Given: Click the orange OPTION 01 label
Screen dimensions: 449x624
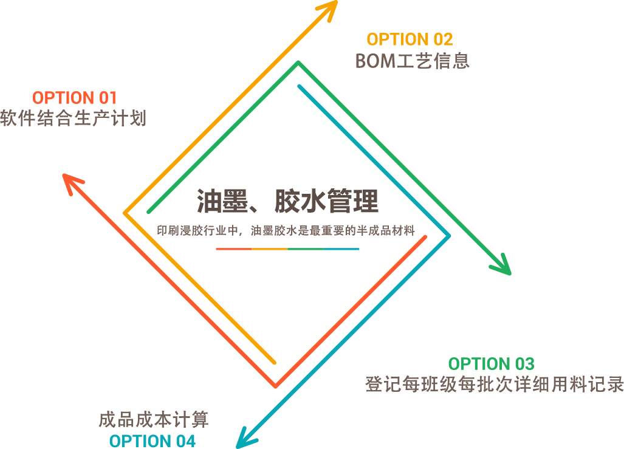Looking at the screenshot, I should (x=74, y=98).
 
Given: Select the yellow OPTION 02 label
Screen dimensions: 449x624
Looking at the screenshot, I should (x=410, y=39).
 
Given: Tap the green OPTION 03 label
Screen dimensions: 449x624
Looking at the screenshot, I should (x=491, y=364).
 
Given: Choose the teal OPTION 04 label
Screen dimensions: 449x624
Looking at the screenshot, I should (x=153, y=441).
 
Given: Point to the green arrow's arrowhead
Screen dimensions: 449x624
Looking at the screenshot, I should (x=503, y=267).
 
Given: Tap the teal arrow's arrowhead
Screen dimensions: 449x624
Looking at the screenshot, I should (x=244, y=441).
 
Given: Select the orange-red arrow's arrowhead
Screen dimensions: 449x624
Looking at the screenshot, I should (x=70, y=182).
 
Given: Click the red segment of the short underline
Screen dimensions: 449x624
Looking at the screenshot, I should (x=233, y=248).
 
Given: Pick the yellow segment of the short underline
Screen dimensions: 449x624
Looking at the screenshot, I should (x=269, y=248).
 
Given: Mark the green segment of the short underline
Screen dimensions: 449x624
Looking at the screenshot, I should (x=305, y=248).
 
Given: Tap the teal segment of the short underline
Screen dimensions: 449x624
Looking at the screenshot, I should (x=341, y=248).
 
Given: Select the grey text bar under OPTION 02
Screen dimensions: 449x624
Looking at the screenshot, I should (x=412, y=61).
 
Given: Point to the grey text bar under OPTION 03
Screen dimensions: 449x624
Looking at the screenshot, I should (x=494, y=384).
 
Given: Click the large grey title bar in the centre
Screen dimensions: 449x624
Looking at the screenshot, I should (x=287, y=202).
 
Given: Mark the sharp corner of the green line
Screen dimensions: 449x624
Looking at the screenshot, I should (x=298, y=62).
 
